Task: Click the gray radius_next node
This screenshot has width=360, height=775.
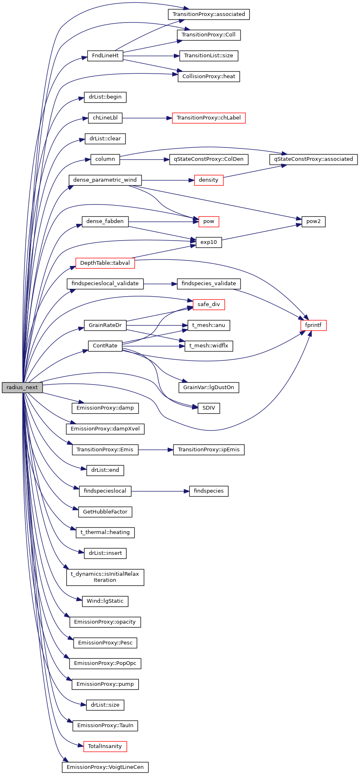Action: pos(22,387)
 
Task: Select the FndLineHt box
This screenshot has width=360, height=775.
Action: pos(105,56)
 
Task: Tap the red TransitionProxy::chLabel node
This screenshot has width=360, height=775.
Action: pos(209,118)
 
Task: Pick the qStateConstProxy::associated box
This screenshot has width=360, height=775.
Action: pos(313,159)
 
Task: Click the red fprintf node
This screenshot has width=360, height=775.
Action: pos(313,325)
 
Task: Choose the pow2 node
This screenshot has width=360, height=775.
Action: pos(313,221)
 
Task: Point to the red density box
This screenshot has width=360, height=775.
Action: pos(209,180)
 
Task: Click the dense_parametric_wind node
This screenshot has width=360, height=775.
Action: pos(105,180)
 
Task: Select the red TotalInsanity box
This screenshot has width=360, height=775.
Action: pos(105,746)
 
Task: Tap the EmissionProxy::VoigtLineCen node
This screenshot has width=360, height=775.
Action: pos(105,767)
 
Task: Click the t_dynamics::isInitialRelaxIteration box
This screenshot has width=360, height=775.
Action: pos(105,577)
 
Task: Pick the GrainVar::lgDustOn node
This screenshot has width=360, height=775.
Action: pos(209,387)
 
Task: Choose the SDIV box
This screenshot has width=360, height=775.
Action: pos(209,408)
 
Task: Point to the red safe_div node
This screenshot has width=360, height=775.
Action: pos(209,304)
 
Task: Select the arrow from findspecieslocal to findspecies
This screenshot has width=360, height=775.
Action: pos(160,491)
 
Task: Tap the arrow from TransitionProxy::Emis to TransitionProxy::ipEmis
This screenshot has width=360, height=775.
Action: pos(155,450)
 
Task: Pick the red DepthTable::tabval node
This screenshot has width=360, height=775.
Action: pos(105,263)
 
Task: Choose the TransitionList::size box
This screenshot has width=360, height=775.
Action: pos(209,56)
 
